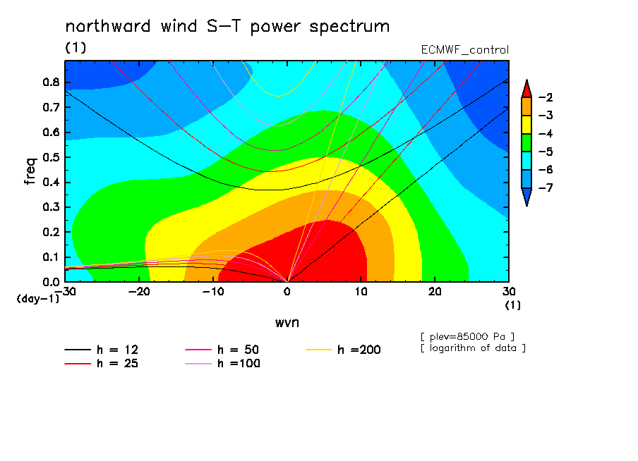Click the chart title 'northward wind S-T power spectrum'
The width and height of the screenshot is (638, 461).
coord(227,26)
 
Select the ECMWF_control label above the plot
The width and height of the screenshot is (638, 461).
coord(464,50)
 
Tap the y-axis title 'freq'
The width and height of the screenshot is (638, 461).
coord(30,171)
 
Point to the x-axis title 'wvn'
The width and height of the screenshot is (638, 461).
coord(287,323)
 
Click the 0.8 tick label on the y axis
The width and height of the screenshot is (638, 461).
coord(51,82)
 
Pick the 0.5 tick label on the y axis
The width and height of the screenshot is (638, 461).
coord(51,157)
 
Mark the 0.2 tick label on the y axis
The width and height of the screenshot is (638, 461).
coord(51,232)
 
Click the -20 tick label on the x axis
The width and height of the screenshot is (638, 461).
coord(139,292)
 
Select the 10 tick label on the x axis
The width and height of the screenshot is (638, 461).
coord(361,292)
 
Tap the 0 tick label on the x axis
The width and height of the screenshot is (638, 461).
coord(287,292)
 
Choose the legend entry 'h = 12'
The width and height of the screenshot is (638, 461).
coord(102,350)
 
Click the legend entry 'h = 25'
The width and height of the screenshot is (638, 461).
coord(102,363)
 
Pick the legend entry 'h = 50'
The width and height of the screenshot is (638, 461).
coord(222,350)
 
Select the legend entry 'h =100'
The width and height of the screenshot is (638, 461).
coord(222,363)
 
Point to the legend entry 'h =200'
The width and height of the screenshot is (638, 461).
coord(344,350)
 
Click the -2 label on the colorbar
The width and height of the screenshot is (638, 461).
coord(546,97)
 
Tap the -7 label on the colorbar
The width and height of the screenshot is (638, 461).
coord(546,188)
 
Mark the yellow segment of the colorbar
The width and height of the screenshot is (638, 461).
coord(526,124)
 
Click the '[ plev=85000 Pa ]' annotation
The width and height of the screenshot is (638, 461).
coord(467,337)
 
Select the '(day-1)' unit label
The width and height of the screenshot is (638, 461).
coord(38,299)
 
